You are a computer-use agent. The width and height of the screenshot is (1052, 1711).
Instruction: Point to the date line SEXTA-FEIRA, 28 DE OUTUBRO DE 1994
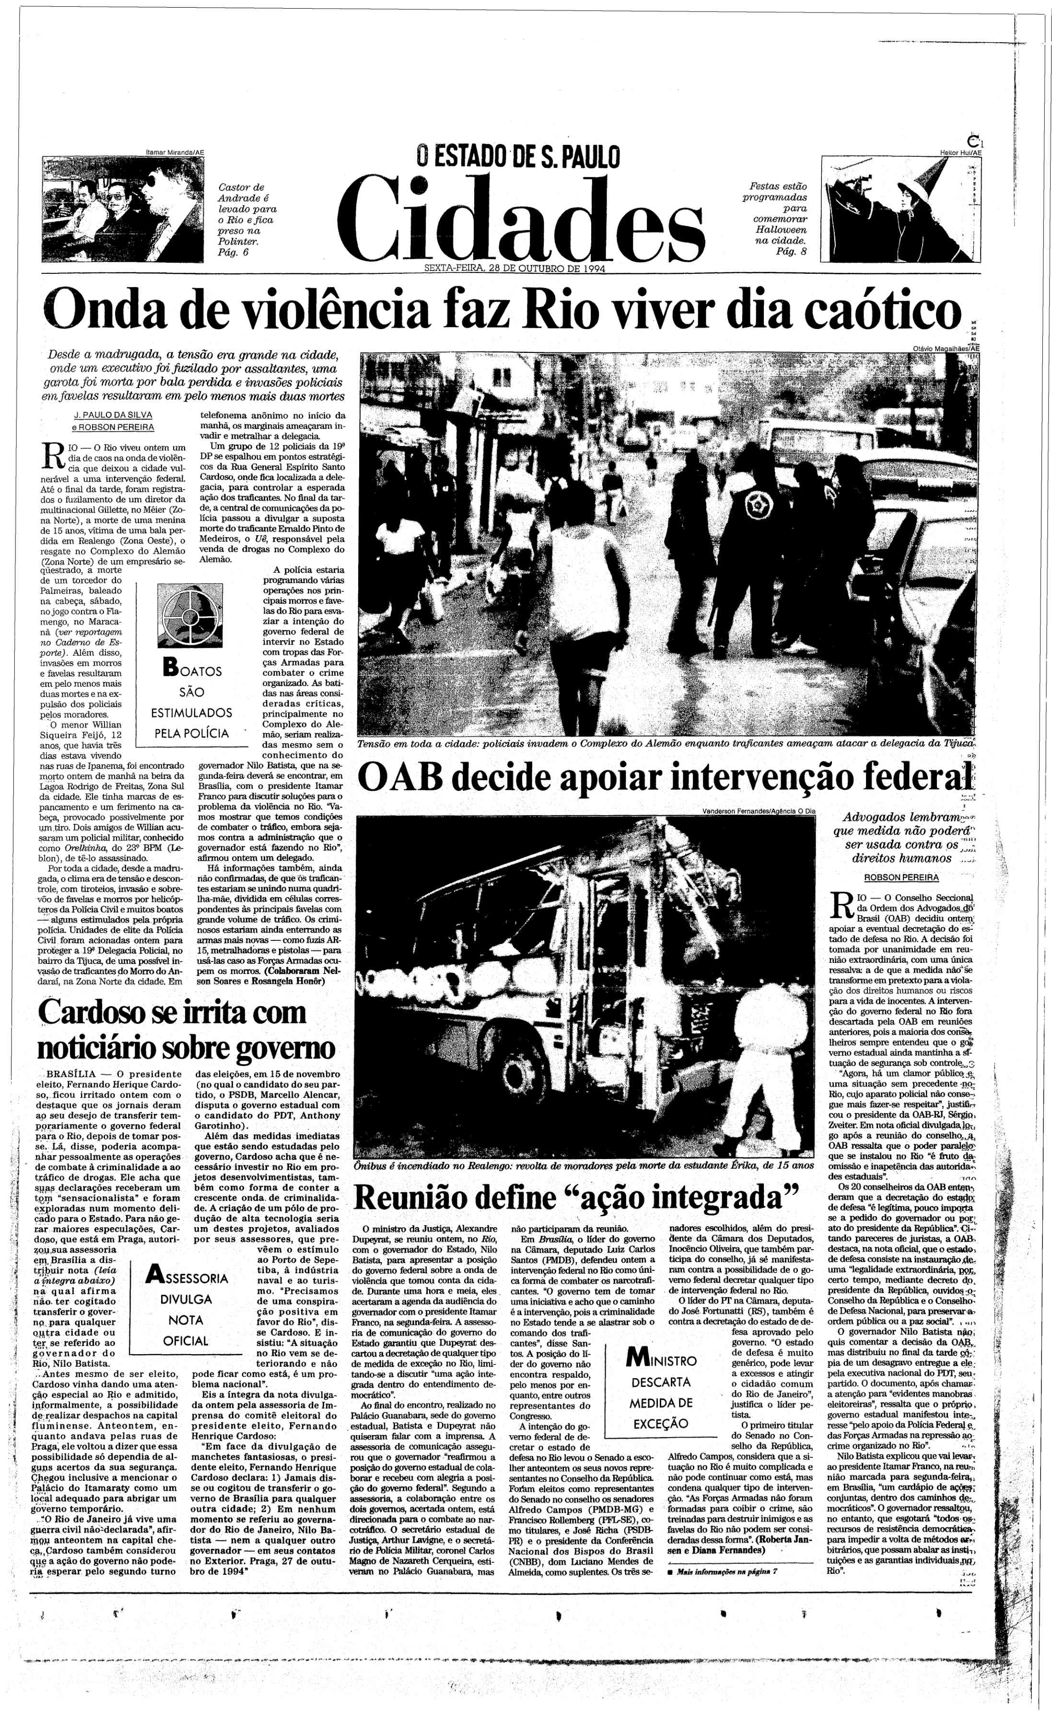coord(515,270)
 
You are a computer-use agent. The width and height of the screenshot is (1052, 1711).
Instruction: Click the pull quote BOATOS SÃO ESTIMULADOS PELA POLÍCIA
coord(191,702)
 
